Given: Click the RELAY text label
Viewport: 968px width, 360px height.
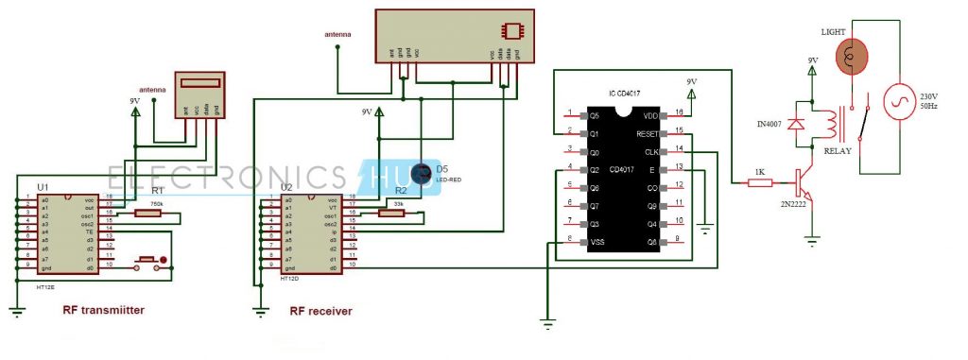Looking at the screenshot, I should pyautogui.click(x=838, y=149).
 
